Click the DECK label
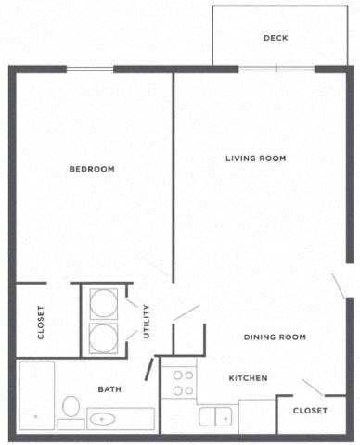(x=276, y=38)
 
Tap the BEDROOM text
(x=92, y=169)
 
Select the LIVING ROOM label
(x=255, y=159)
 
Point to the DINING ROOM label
(x=275, y=337)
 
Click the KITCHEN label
(x=248, y=378)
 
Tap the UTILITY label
(x=147, y=321)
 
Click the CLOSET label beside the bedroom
(x=41, y=322)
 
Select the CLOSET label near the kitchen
(x=310, y=411)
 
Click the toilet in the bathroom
(x=71, y=409)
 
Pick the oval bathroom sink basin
(x=101, y=419)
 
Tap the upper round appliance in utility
(x=103, y=303)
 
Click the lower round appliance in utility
(x=103, y=337)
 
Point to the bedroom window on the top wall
(x=91, y=68)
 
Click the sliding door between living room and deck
(x=276, y=68)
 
